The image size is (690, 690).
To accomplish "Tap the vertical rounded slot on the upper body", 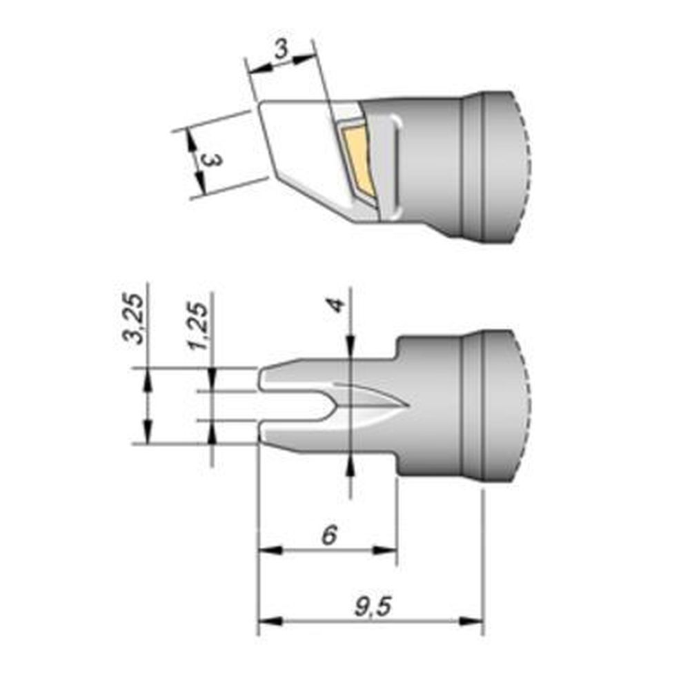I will pos(396,166).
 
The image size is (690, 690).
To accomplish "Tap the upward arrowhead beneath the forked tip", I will pos(352,466).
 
